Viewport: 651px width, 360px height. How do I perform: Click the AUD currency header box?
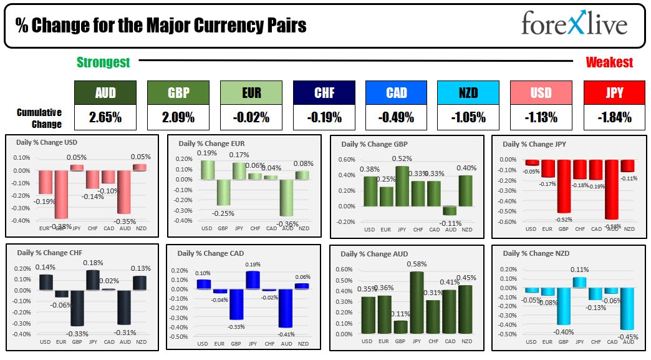coord(104,92)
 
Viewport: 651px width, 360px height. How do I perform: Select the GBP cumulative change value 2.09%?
coord(177,117)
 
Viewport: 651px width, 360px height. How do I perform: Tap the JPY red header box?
coord(614,92)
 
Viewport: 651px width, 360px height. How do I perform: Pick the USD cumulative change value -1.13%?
coord(541,117)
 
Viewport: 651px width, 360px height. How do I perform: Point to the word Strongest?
coord(103,62)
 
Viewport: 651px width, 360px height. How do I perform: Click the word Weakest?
coord(609,62)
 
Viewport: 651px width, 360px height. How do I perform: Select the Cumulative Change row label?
coord(39,118)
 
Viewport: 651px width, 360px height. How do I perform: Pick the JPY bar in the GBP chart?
coord(402,186)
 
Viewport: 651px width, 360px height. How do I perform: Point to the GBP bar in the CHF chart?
coord(77,308)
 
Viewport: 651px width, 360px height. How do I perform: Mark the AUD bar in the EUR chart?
coord(287,198)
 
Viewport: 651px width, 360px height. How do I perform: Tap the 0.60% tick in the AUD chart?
coord(345,270)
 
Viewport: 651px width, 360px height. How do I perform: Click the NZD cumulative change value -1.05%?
coord(468,117)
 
